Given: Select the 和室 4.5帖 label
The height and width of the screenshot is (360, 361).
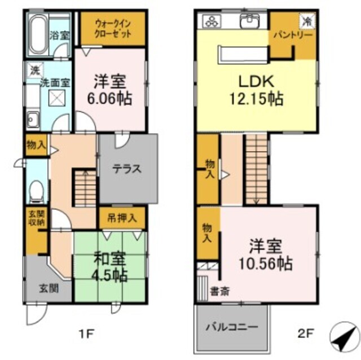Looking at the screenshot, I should tap(111, 269).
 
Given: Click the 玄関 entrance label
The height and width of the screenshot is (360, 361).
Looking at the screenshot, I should tap(47, 287).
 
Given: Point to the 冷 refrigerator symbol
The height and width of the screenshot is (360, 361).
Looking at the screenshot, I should tap(307, 21).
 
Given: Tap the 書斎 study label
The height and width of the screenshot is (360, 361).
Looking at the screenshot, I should tap(218, 292).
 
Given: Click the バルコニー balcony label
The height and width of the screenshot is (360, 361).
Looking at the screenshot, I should tap(231, 327).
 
